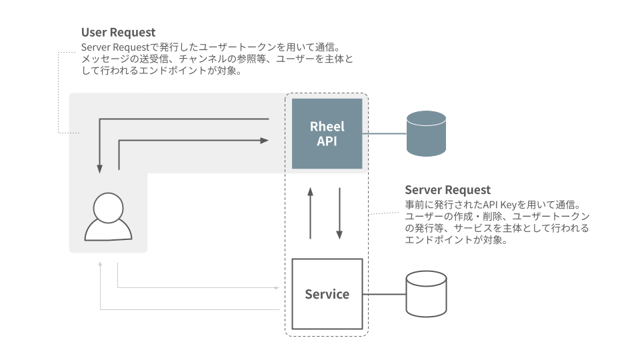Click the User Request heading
(x=118, y=32)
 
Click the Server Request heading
(x=447, y=190)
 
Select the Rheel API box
(x=327, y=133)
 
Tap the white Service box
(x=327, y=294)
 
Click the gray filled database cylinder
(x=426, y=133)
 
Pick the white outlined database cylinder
(x=426, y=294)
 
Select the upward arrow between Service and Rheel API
(x=310, y=213)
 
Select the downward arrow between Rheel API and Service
(x=339, y=213)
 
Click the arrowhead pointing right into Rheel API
(x=265, y=141)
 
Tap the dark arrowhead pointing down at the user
(x=99, y=168)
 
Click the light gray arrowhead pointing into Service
(x=277, y=288)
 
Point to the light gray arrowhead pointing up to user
(x=100, y=264)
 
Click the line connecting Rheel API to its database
(x=384, y=133)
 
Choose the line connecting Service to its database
(x=384, y=294)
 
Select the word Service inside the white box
(x=327, y=294)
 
